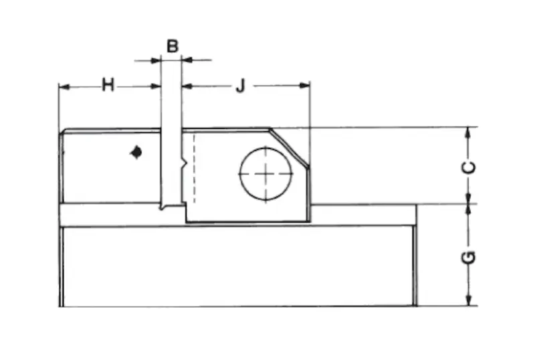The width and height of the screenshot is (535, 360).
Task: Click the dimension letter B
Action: click(172, 46)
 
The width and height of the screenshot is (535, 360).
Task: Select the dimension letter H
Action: click(108, 85)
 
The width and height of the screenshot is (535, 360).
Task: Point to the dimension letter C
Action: click(470, 166)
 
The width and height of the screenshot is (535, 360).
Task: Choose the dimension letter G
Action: click(470, 256)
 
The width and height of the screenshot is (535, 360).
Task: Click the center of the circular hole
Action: click(265, 173)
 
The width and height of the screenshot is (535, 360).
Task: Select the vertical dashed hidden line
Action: click(193, 167)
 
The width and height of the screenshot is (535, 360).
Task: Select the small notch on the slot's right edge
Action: click(183, 163)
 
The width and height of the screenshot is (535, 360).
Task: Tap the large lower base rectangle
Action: click(237, 266)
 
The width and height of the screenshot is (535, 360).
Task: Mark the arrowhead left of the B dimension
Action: click(157, 60)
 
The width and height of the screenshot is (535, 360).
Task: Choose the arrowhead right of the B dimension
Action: click(187, 60)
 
